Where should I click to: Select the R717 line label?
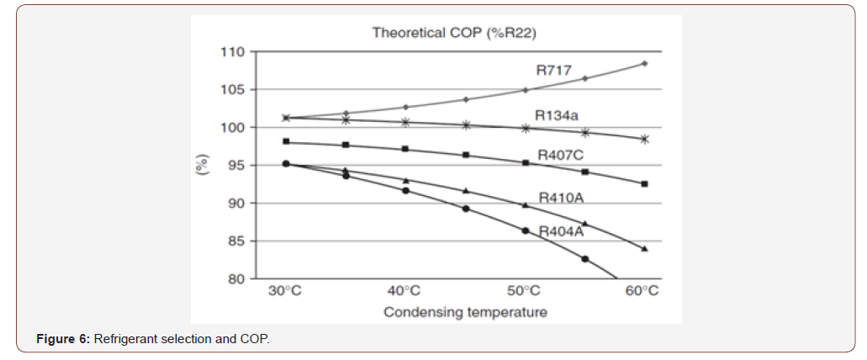pos(553,71)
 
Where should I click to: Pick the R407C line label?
pos(559,155)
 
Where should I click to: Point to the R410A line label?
pos(561,199)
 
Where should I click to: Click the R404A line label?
pos(561,231)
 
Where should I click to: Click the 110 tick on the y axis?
pos(234,52)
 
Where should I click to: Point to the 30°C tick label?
pos(285,291)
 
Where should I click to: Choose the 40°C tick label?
pos(404,291)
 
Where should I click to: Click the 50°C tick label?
pos(523,291)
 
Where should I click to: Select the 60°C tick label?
pos(642,291)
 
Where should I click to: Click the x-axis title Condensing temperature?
pos(465,312)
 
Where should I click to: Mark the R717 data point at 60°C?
pos(644,63)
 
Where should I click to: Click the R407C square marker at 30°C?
pos(286,141)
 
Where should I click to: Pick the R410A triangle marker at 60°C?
pos(644,249)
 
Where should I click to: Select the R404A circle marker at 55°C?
pos(584,259)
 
